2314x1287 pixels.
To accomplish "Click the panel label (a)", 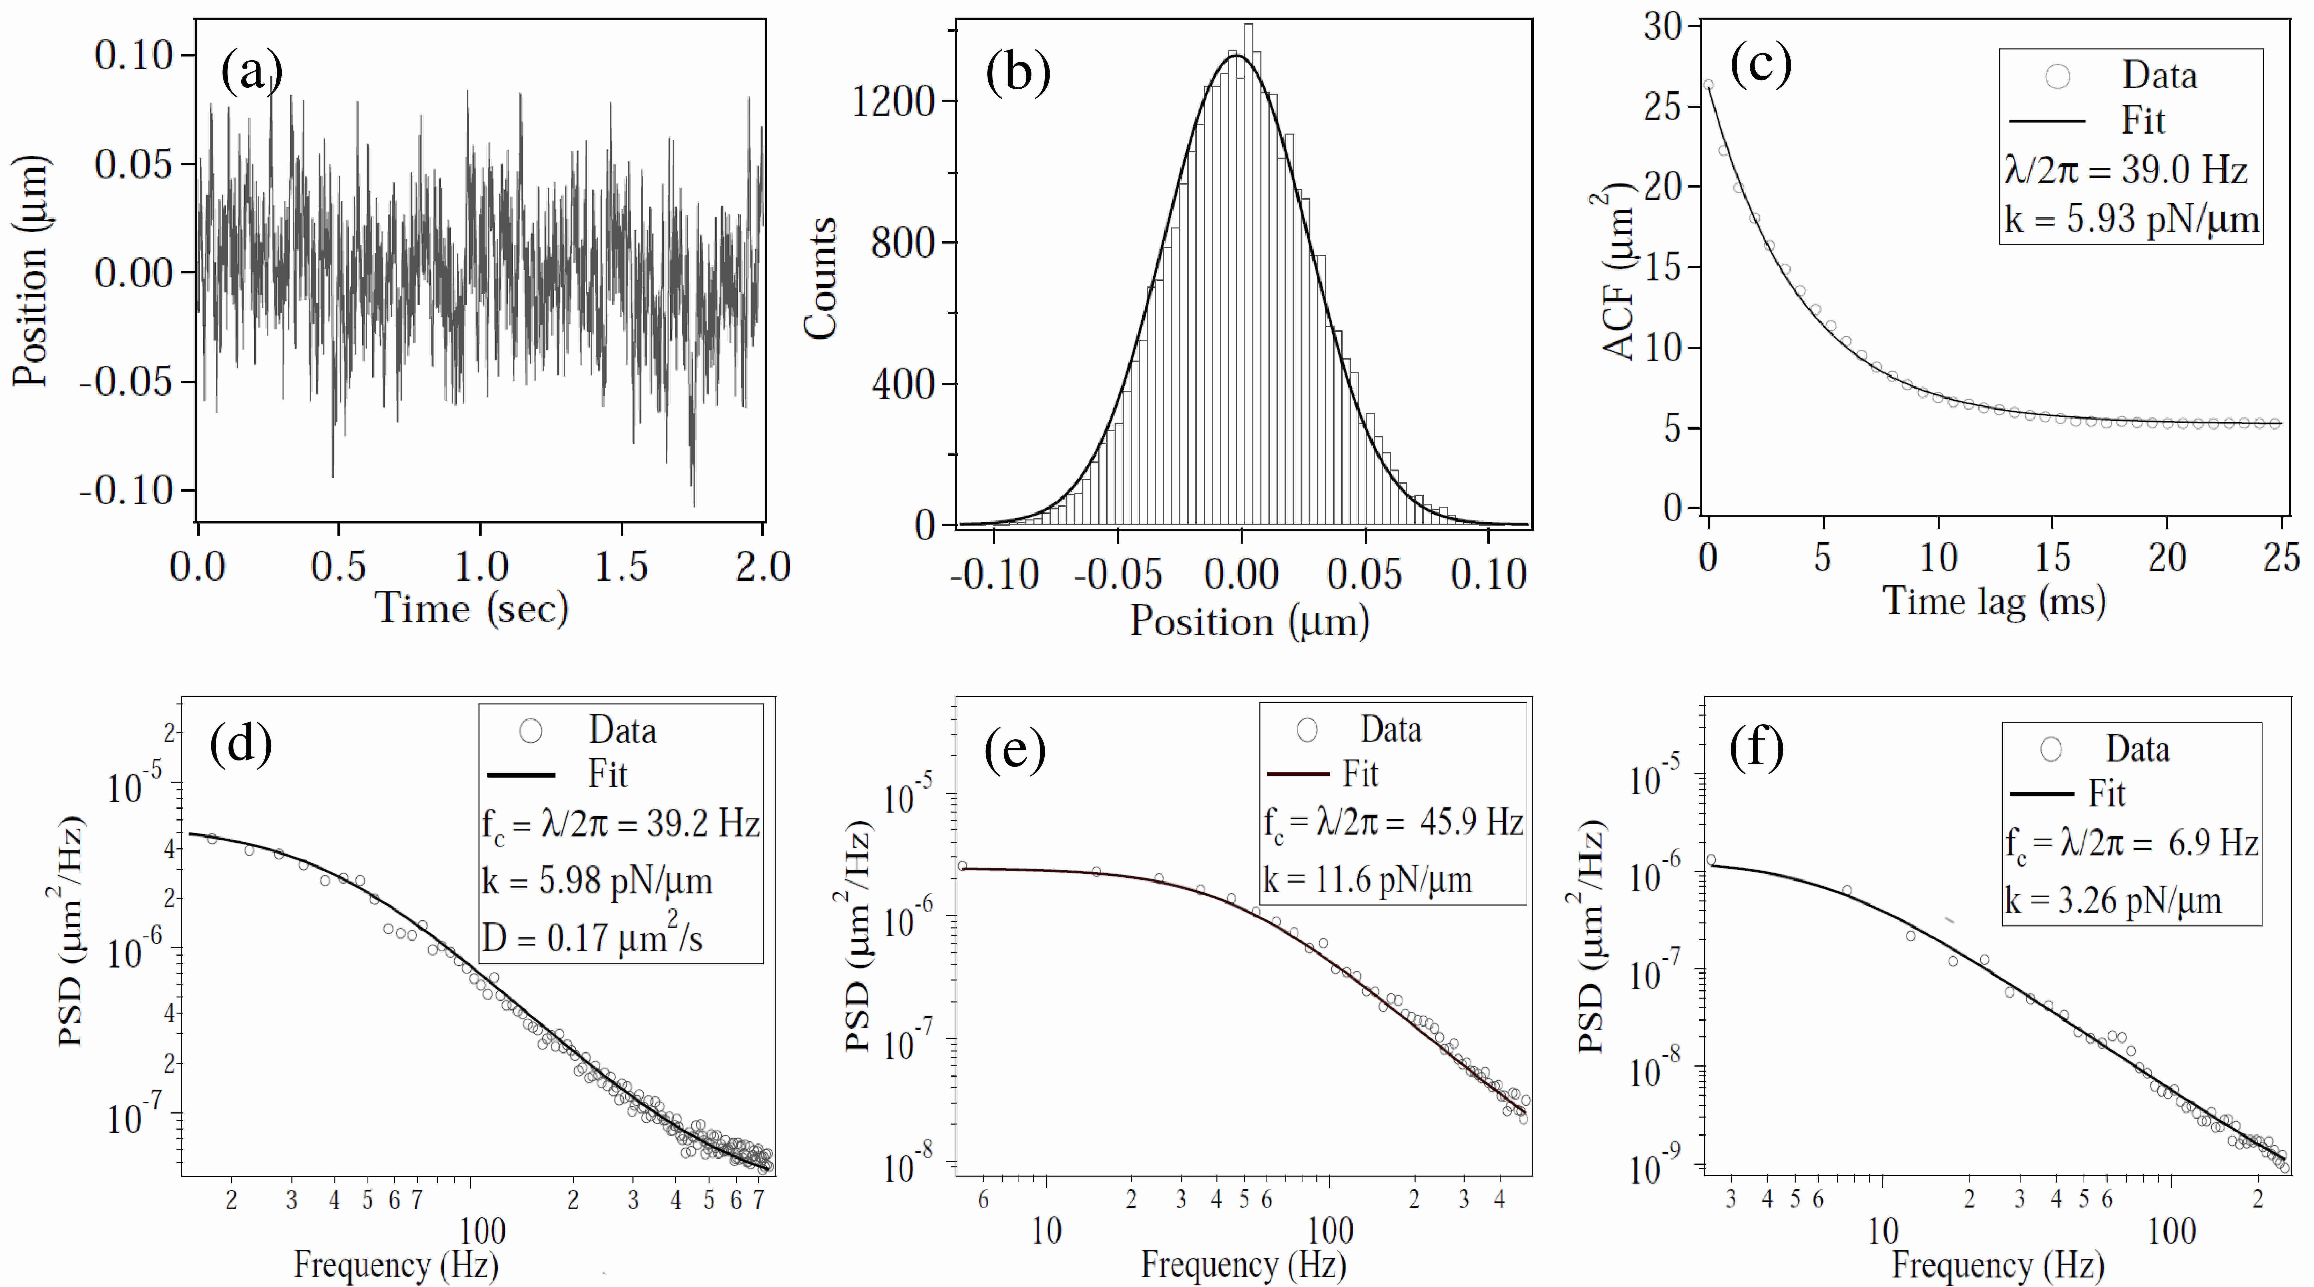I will pos(252,72).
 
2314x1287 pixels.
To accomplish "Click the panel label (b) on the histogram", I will pos(1018,72).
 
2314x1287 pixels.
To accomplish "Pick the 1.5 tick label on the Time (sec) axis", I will pos(622,566).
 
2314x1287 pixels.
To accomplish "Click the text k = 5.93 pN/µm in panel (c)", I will pos(2131,218).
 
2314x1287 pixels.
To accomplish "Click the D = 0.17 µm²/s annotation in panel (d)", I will pos(593,938).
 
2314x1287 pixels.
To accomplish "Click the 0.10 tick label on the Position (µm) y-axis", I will pos(133,56).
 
